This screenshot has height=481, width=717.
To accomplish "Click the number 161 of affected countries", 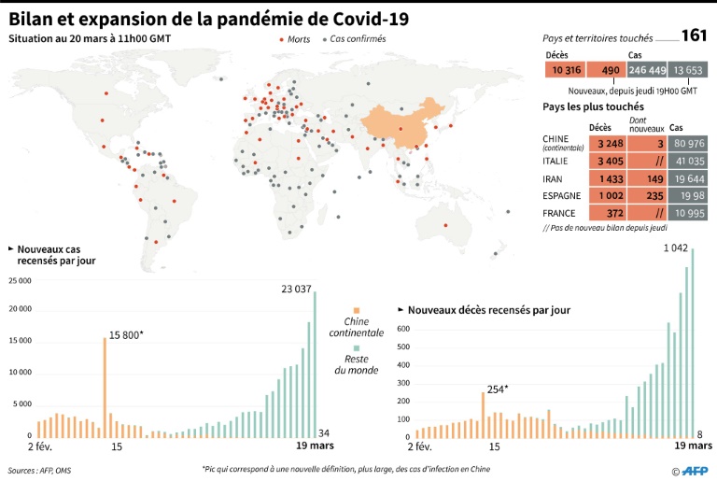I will click(x=693, y=36).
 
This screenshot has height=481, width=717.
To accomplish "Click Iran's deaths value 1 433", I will click(x=606, y=178).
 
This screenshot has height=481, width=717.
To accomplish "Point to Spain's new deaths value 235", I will click(x=645, y=196).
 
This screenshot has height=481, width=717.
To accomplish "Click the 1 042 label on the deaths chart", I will click(x=676, y=248).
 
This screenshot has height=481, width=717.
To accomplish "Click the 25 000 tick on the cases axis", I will click(x=20, y=281).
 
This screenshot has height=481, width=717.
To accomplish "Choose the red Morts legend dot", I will click(x=282, y=40).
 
